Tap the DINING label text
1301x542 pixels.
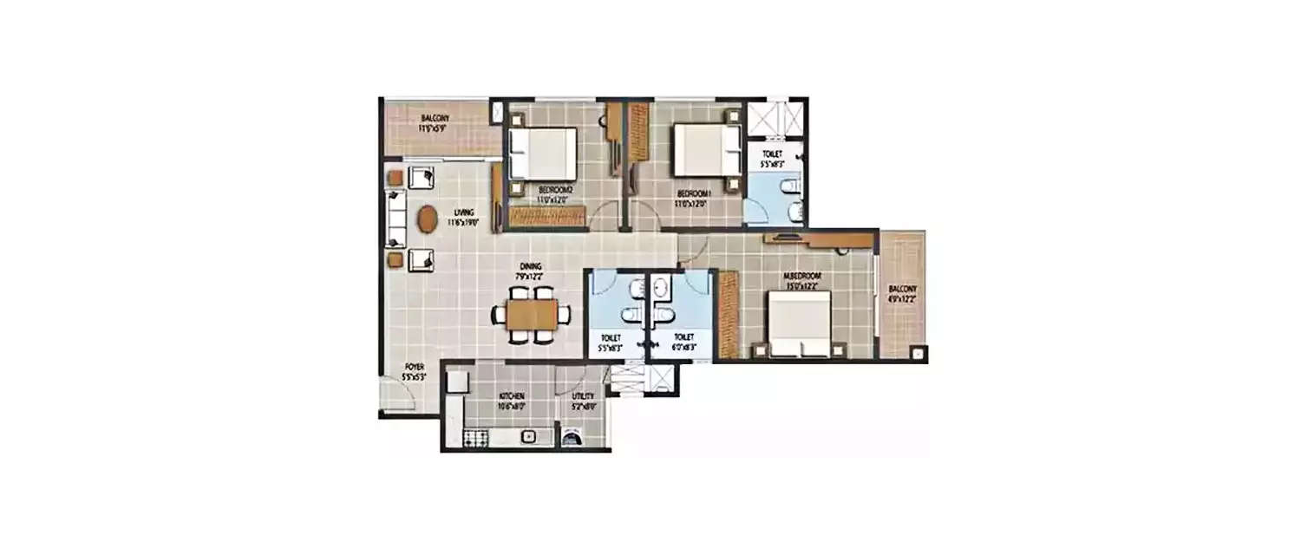pyautogui.click(x=530, y=270)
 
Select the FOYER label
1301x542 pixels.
pyautogui.click(x=414, y=371)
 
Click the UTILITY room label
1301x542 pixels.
pyautogui.click(x=582, y=400)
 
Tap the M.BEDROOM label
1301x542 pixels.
pyautogui.click(x=803, y=279)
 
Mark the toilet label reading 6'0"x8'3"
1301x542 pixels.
pyautogui.click(x=684, y=342)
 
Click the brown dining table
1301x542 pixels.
pyautogui.click(x=533, y=315)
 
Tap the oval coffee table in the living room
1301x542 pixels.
pyautogui.click(x=428, y=219)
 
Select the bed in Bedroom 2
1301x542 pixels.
pyautogui.click(x=543, y=153)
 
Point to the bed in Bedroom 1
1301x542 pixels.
pyautogui.click(x=703, y=151)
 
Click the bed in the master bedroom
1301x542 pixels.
pyautogui.click(x=799, y=323)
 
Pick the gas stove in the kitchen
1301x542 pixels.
pyautogui.click(x=474, y=438)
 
